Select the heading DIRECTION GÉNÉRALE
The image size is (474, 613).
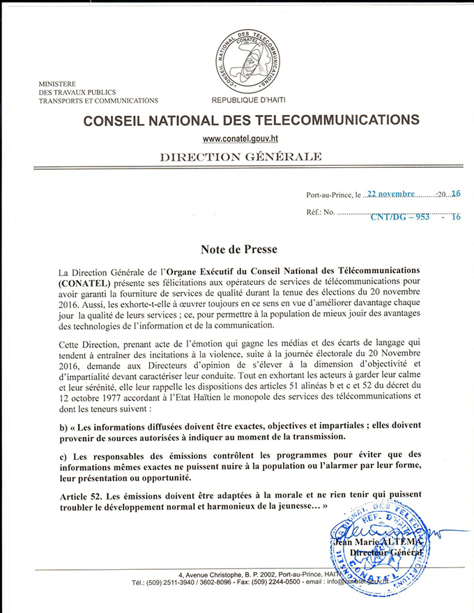pyautogui.click(x=240, y=157)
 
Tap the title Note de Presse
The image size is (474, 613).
pyautogui.click(x=238, y=249)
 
